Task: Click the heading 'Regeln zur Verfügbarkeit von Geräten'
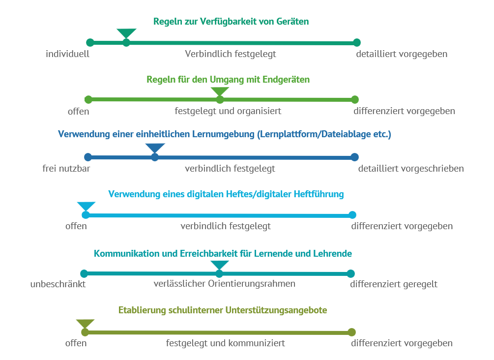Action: coord(231,22)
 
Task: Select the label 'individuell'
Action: coord(67,54)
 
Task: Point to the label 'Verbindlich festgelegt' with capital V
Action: coord(231,54)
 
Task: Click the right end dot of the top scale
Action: coord(357,43)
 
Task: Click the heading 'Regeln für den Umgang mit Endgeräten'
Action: coord(228,79)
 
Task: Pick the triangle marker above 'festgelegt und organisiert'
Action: coord(220,91)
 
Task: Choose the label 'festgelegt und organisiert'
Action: coord(228,111)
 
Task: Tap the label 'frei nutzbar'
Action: coord(66,169)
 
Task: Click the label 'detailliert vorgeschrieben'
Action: coord(411,169)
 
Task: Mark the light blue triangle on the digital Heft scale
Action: coord(86,207)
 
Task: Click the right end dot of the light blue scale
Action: coord(352,215)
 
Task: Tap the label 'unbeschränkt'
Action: coord(58,284)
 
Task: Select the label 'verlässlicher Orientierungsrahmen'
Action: coord(225,284)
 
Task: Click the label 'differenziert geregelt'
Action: coord(394,284)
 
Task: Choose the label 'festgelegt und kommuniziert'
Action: coord(226,343)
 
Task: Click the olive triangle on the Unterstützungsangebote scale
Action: coord(85,324)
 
